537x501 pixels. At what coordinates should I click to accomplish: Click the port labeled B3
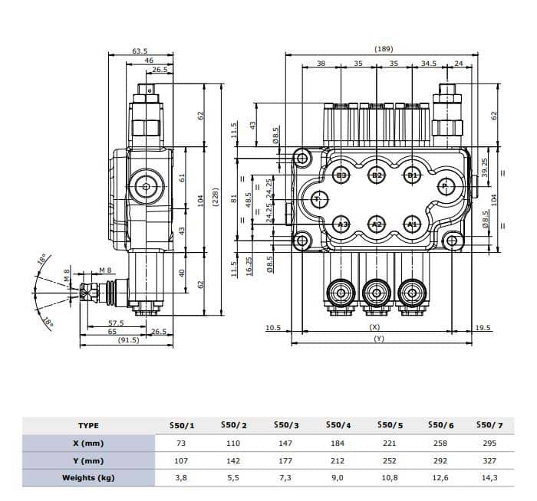342,175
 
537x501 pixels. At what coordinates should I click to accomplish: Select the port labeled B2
377,175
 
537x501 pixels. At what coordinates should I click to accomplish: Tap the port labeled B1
412,175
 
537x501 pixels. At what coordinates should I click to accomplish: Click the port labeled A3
342,224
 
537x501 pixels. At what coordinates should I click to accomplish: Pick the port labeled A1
412,224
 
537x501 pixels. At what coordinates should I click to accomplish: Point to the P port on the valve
446,185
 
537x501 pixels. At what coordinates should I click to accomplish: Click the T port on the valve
315,199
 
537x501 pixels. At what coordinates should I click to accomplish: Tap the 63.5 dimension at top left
140,51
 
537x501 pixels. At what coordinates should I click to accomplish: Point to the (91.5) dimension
128,340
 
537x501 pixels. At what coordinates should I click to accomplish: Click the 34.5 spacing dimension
429,64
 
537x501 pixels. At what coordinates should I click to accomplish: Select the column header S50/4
338,425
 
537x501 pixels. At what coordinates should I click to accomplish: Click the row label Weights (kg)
88,478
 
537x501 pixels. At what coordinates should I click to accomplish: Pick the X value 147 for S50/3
285,443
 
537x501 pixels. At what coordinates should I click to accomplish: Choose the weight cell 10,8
390,478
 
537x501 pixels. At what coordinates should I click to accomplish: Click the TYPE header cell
88,425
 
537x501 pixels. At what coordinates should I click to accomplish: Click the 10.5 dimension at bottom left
273,328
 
